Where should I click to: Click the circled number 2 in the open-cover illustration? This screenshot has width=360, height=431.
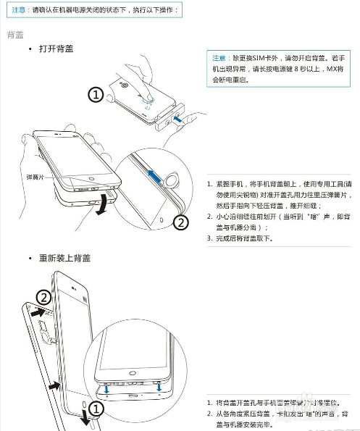point(182,223)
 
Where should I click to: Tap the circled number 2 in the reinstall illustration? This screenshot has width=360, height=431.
point(43,297)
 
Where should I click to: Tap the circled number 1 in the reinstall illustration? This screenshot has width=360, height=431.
point(94,408)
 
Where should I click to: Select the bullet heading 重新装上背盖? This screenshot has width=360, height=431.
point(65,258)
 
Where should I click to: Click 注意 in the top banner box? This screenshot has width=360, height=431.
point(20,11)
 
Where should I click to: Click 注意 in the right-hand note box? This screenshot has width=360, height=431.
point(219,57)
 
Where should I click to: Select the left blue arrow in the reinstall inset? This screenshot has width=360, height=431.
point(107,390)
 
